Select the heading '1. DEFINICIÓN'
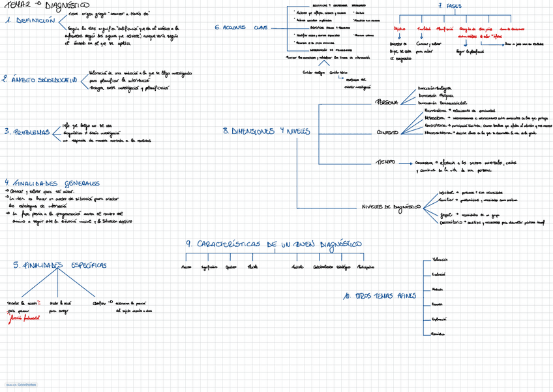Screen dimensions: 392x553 [29, 21]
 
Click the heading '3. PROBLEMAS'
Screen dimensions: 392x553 [27, 132]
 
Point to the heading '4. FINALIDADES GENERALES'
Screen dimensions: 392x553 [52, 184]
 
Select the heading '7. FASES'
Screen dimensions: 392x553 [449, 6]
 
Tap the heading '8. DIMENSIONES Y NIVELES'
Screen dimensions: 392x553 [266, 131]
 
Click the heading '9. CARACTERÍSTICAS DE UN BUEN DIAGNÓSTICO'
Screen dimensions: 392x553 [274, 244]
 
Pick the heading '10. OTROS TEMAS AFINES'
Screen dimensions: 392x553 [379, 296]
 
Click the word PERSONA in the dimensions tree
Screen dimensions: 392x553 [387, 103]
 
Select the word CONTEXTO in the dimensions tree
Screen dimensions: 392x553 [387, 133]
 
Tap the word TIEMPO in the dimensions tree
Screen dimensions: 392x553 [385, 163]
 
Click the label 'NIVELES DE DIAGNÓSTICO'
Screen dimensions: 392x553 [391, 207]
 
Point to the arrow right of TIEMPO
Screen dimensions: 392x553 [405, 163]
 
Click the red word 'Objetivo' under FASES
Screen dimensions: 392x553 [399, 29]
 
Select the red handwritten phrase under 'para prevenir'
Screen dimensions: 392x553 [24, 319]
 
